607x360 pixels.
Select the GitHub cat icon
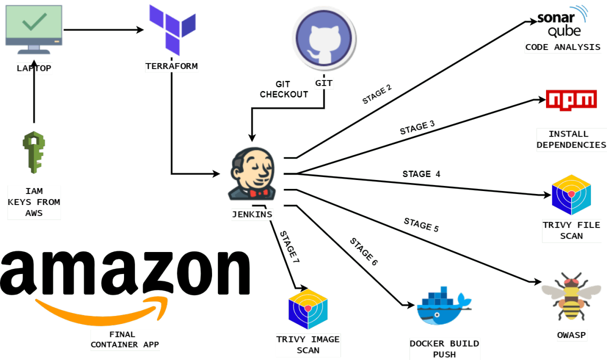pyautogui.click(x=323, y=39)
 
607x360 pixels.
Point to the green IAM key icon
pyautogui.click(x=33, y=152)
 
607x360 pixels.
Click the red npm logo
pyautogui.click(x=571, y=99)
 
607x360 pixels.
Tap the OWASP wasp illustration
pyautogui.click(x=571, y=296)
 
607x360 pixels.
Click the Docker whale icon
pyautogui.click(x=442, y=306)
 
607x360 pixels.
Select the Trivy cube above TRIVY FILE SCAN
pyautogui.click(x=571, y=195)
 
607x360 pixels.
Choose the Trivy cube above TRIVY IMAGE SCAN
pyautogui.click(x=308, y=309)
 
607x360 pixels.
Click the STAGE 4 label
pyautogui.click(x=421, y=174)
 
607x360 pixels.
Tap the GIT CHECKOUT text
pyautogui.click(x=283, y=89)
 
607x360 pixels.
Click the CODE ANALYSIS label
pyautogui.click(x=562, y=47)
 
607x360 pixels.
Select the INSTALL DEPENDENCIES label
pyautogui.click(x=571, y=139)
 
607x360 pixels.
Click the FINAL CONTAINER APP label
pyautogui.click(x=125, y=339)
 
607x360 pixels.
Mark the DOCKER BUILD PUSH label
pyautogui.click(x=444, y=349)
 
